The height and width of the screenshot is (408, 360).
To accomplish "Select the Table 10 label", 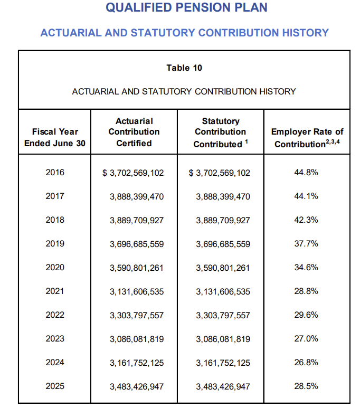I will coord(184,68).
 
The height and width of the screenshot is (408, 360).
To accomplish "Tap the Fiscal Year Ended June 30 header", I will coord(55,137).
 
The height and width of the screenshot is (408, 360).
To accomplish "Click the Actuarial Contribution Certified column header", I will coord(134,132).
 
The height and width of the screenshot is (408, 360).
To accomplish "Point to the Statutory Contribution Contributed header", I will coord(221,132).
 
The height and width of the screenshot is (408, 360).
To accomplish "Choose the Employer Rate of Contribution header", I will coord(307,138).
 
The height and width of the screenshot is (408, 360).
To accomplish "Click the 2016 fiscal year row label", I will coord(55,172).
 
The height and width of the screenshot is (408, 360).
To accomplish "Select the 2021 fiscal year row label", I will coord(55,291).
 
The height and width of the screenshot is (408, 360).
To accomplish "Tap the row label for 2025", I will coord(55,386).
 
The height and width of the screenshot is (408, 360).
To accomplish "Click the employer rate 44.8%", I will coord(306,172).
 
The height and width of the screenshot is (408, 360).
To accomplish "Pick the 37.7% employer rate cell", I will coord(306,244).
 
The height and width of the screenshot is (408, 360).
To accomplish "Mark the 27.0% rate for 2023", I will coord(306,339).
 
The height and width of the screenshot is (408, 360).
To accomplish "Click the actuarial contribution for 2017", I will coord(137,196).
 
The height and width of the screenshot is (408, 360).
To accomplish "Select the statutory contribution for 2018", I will coord(223,220).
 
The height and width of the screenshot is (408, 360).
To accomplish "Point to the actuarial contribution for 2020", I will coord(137,268).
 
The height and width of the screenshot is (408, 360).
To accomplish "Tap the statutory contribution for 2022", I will coord(223,316).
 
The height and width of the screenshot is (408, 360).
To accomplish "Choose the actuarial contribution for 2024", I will coord(137,363).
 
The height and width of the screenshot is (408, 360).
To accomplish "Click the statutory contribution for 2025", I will coord(223,387).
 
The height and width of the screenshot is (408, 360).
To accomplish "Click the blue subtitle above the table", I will coord(184,33).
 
